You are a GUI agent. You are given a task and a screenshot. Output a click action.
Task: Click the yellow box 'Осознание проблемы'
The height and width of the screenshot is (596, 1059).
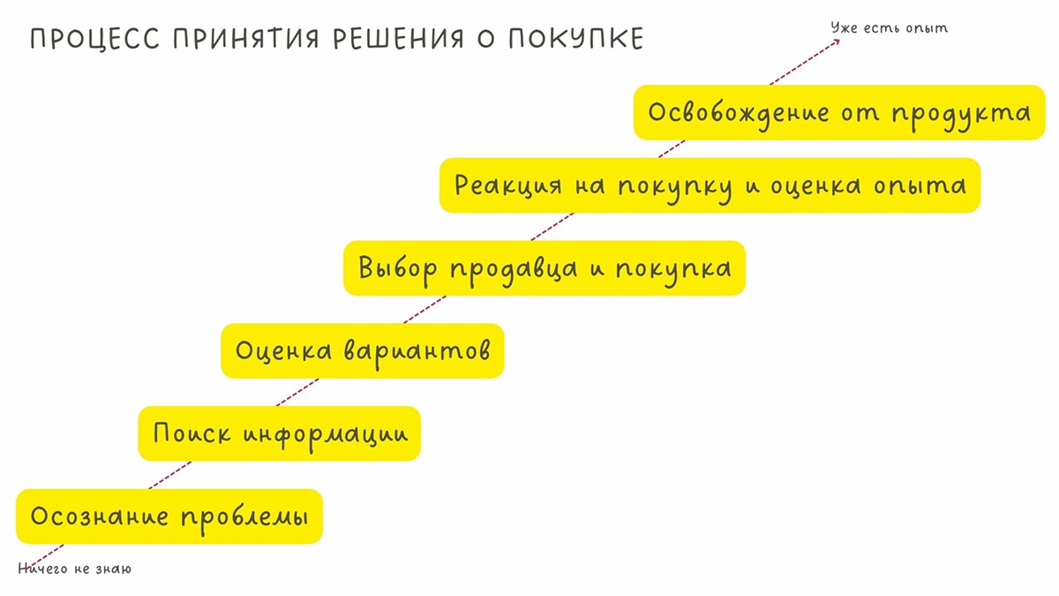[x=169, y=517]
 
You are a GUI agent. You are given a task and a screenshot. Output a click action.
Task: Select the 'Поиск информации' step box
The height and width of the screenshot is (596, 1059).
[x=279, y=434]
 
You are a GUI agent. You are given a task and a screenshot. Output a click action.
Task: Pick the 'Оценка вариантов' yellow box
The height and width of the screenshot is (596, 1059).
[x=362, y=351]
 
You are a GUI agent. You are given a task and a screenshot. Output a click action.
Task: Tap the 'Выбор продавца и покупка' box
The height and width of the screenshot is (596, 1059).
[x=544, y=268]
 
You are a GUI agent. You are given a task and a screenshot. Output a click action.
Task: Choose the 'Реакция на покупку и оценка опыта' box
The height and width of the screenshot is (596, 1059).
[x=710, y=185]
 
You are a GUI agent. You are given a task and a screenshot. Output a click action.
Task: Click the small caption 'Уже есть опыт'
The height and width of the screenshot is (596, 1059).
[x=889, y=28]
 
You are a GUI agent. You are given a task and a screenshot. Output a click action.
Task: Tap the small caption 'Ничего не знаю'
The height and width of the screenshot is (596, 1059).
[x=75, y=570]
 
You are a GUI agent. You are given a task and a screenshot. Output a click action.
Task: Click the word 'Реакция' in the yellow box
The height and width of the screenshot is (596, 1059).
[x=508, y=186]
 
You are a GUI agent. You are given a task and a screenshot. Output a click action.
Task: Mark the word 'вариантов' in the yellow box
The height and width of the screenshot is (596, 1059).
[x=414, y=351]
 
